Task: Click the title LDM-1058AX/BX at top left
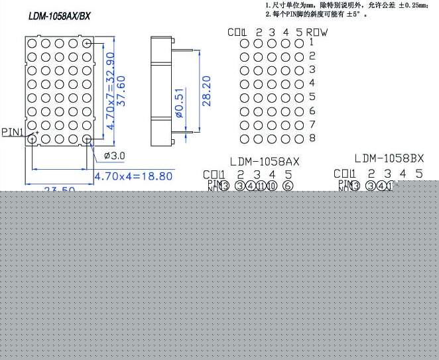59,16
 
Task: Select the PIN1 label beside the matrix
13,132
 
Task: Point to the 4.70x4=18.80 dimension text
133,176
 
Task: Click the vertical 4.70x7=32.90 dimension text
112,91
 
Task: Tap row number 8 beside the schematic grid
312,139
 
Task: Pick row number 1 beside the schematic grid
312,42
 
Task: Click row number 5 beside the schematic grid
312,97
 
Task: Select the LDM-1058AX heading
265,161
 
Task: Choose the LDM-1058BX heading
389,158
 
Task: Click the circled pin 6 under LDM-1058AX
287,186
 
